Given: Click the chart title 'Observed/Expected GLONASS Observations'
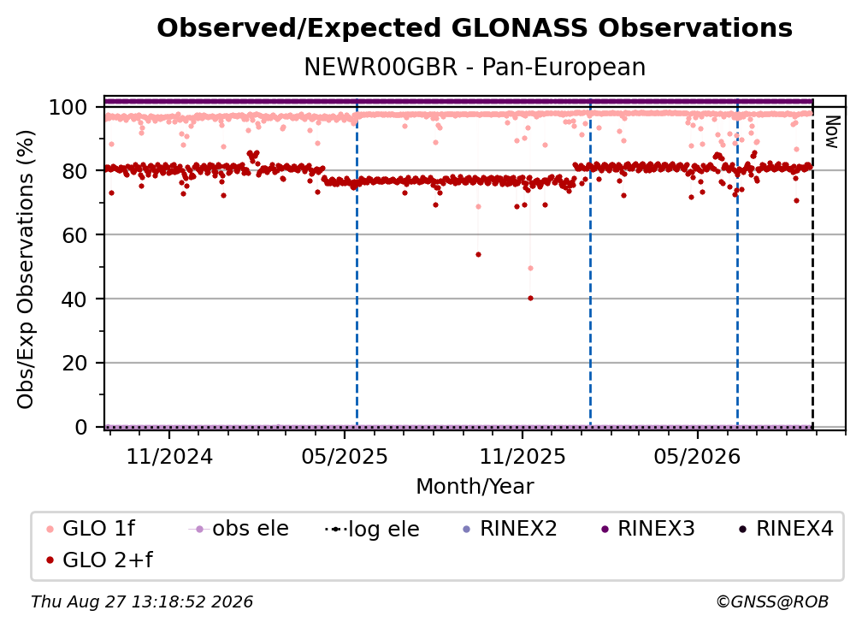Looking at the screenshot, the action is [475, 28].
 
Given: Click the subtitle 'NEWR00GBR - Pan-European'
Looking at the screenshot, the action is [475, 67].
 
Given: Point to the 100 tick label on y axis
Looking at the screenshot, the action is [68, 107].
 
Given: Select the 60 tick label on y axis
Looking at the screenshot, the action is [74, 235].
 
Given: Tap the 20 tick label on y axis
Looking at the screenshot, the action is [74, 363].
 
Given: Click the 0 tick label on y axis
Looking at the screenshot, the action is [81, 427].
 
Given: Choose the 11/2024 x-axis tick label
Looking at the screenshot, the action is [169, 456].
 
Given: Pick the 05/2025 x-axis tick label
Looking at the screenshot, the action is [345, 456].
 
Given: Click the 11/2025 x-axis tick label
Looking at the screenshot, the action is [523, 456].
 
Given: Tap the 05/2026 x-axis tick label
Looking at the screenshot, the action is [698, 456].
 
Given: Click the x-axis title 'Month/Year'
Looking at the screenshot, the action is [475, 486].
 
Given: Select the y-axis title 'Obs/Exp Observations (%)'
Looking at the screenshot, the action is [26, 270].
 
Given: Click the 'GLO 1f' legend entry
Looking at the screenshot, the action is [91, 529].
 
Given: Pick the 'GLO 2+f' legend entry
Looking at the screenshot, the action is [99, 560].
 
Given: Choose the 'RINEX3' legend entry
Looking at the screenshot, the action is [647, 529].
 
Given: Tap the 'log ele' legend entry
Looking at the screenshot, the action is [372, 529].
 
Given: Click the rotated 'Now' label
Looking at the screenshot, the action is [832, 132].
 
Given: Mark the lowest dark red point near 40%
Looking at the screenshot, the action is [530, 298].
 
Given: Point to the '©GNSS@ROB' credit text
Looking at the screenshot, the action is [772, 601].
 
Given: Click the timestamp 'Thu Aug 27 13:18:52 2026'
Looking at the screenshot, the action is [142, 601].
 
